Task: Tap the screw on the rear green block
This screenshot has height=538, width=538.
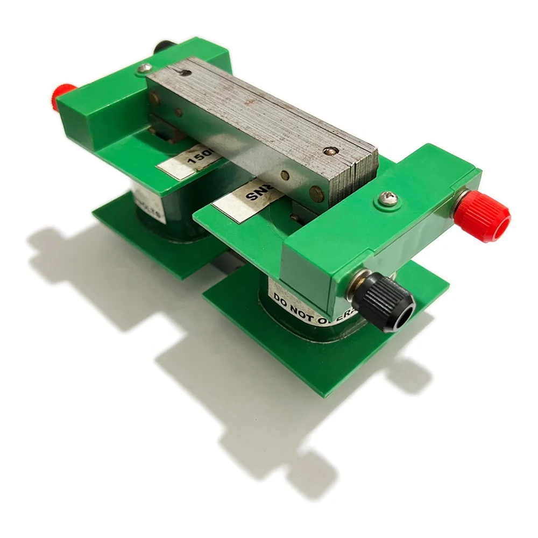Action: point(144,69)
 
